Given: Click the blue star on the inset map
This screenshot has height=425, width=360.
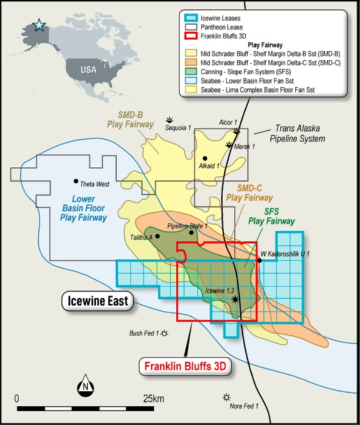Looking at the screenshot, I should (39, 25).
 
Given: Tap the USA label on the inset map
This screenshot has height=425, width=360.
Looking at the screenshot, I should (88, 69).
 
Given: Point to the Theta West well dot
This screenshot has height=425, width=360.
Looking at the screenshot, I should (76, 181).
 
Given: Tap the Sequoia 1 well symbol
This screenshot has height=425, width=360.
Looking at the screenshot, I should (170, 120).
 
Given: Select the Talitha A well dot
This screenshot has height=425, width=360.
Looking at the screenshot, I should (157, 236).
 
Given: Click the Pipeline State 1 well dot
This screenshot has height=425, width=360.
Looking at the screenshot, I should (191, 232).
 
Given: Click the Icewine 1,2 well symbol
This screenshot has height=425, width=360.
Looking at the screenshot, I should (235, 298).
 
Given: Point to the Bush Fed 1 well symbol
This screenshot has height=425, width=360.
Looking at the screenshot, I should (164, 333).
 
